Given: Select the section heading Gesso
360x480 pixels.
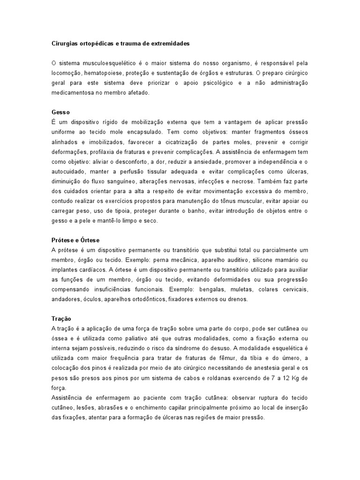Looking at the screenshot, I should [x=60, y=112].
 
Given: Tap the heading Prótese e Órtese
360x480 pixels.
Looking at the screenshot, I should [x=75, y=240].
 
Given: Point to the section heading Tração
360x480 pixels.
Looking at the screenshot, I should [x=61, y=318].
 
